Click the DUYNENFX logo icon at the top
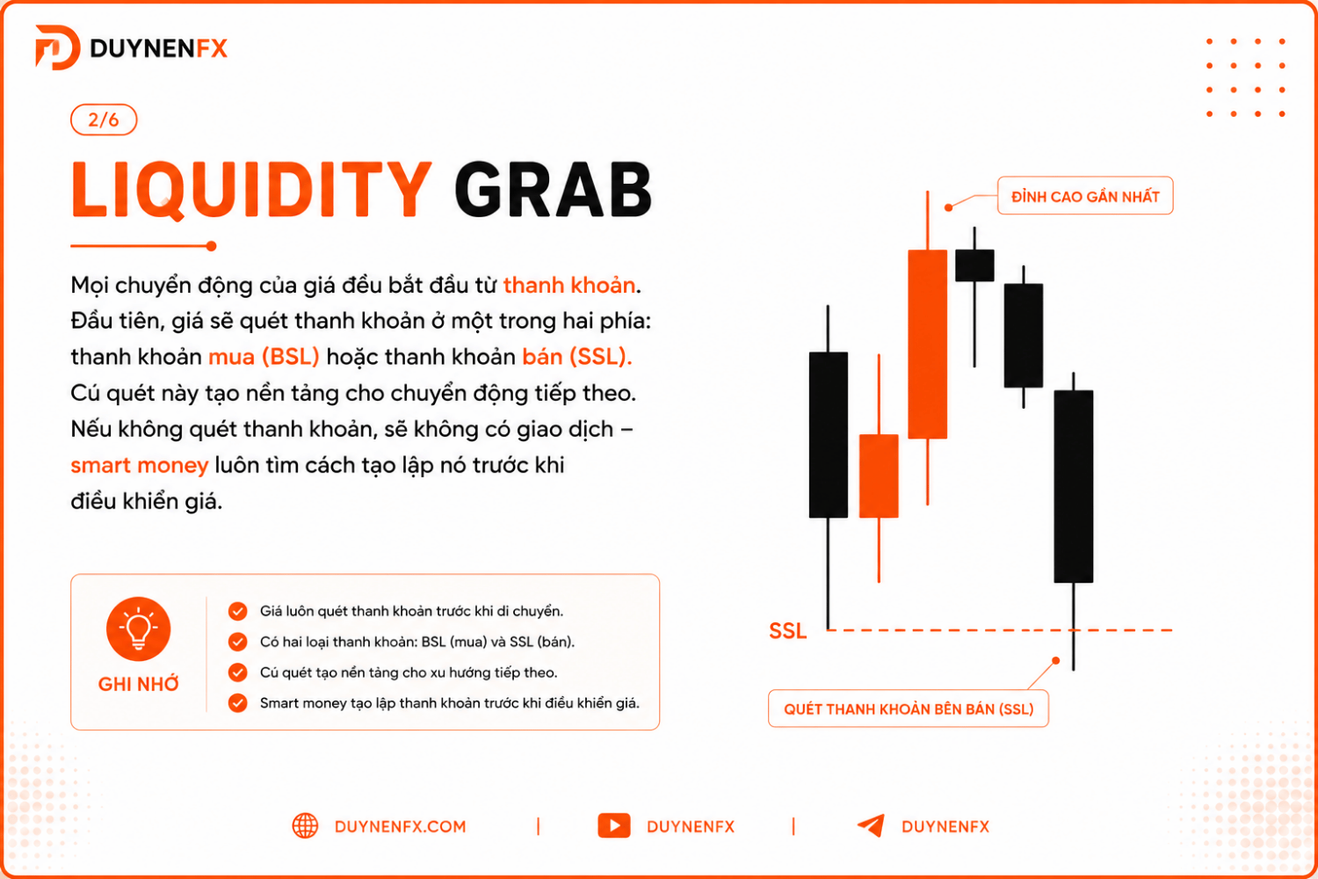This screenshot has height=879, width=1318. pyautogui.click(x=58, y=47)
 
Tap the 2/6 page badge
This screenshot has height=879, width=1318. pyautogui.click(x=104, y=120)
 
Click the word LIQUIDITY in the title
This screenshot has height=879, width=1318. pyautogui.click(x=251, y=190)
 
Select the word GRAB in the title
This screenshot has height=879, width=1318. pyautogui.click(x=553, y=190)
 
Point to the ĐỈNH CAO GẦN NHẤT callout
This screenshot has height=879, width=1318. pyautogui.click(x=1085, y=195)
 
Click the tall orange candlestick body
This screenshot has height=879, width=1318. pyautogui.click(x=927, y=345)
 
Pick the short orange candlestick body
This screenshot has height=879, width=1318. pyautogui.click(x=879, y=476)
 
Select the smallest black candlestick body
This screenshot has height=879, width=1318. pyautogui.click(x=974, y=265)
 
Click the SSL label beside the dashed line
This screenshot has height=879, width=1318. pyautogui.click(x=787, y=630)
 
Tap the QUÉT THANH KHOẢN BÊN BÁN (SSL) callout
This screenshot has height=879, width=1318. pyautogui.click(x=909, y=708)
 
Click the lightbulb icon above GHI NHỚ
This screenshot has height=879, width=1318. pyautogui.click(x=138, y=628)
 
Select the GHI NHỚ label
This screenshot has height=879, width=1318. pyautogui.click(x=138, y=684)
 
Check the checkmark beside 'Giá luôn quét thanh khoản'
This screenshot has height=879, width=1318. pyautogui.click(x=238, y=611)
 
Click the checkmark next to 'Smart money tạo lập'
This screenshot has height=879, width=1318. pyautogui.click(x=238, y=703)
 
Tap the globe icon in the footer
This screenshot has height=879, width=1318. pyautogui.click(x=305, y=826)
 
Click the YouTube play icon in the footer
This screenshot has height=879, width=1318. pyautogui.click(x=613, y=825)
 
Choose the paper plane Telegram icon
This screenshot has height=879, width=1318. pyautogui.click(x=871, y=825)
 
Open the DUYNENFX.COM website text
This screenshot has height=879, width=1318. pyautogui.click(x=400, y=826)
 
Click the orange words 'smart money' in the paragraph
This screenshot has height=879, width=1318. pyautogui.click(x=140, y=465)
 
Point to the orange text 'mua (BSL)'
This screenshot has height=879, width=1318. pyautogui.click(x=264, y=357)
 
